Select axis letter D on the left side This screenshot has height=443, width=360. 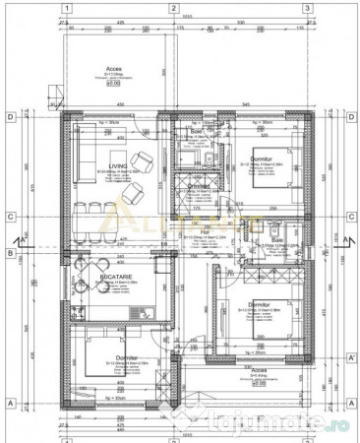click(9, 117)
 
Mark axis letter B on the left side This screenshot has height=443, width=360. click(9, 253)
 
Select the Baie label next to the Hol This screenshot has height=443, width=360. click(275, 239)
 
